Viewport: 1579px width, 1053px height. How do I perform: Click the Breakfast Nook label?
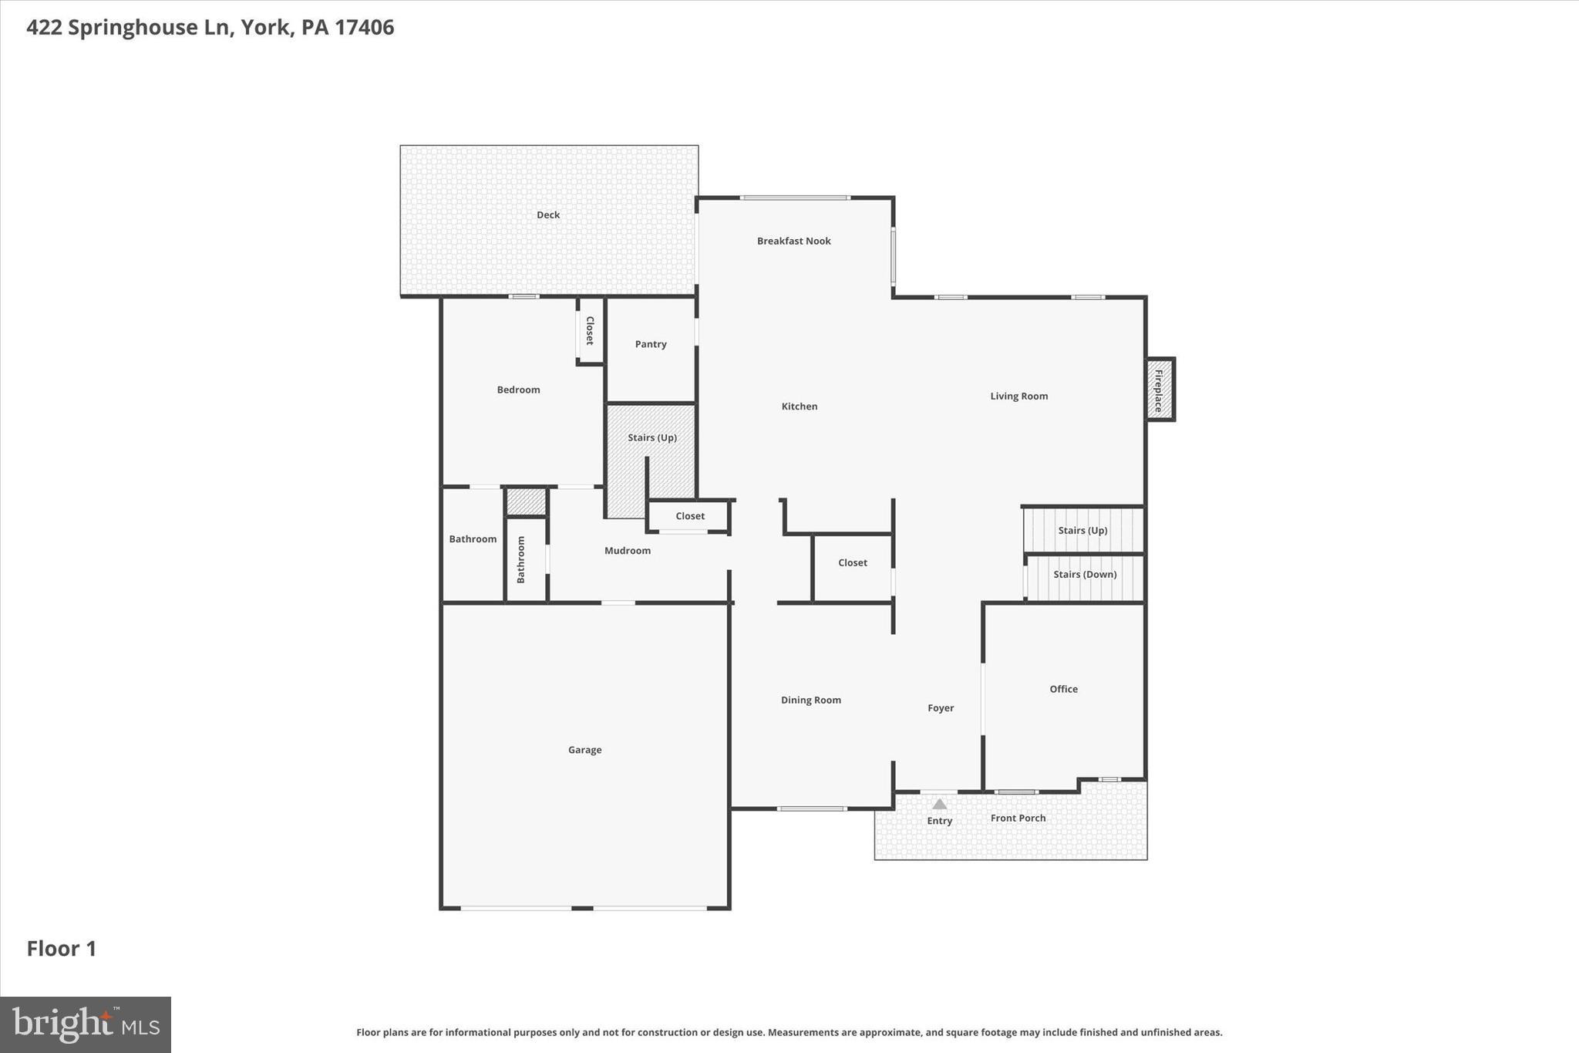click(x=793, y=241)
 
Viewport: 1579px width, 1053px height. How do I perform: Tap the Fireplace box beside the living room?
click(x=1158, y=390)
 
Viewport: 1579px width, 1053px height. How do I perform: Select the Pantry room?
click(x=651, y=344)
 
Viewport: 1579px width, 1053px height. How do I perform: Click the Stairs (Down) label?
click(x=1084, y=575)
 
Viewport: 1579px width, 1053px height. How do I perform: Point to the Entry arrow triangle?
click(x=939, y=804)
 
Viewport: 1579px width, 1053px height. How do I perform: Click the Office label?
click(x=1063, y=689)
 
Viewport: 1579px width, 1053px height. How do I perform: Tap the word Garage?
click(x=584, y=750)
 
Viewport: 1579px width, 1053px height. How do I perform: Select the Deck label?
click(x=548, y=215)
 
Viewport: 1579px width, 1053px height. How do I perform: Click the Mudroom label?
click(x=627, y=551)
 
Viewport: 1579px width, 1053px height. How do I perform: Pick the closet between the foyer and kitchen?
click(x=852, y=563)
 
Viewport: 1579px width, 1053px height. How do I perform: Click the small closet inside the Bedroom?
click(x=590, y=330)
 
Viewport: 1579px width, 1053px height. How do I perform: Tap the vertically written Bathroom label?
click(x=521, y=559)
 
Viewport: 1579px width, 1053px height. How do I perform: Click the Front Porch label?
click(x=1018, y=818)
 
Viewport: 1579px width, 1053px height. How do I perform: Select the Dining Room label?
click(x=810, y=700)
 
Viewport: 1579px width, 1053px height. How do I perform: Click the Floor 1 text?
click(x=62, y=949)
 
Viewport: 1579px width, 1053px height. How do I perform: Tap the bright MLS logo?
click(x=86, y=1024)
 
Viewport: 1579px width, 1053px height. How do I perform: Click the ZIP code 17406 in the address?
click(x=364, y=28)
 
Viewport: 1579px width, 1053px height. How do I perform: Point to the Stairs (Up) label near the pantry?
click(x=651, y=438)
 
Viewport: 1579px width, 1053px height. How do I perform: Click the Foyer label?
click(x=940, y=708)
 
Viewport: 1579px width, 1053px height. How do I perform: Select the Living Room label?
click(x=1018, y=397)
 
